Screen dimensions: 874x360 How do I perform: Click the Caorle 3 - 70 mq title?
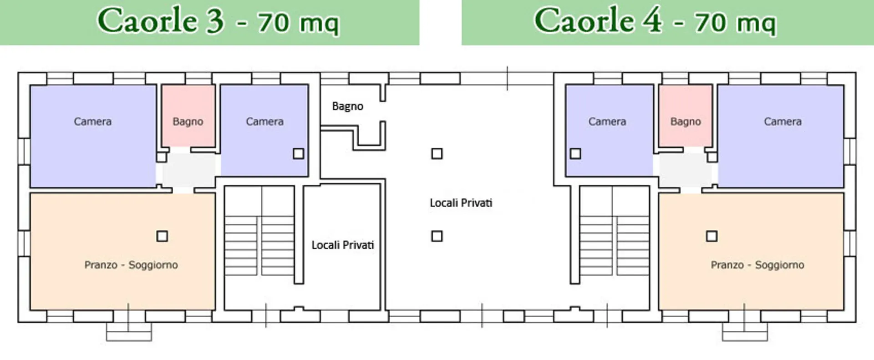tap(218, 21)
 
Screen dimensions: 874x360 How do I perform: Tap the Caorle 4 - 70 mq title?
tap(655, 21)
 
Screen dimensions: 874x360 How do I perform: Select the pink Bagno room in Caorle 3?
tap(188, 116)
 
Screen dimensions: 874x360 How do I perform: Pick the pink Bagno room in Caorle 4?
tap(686, 116)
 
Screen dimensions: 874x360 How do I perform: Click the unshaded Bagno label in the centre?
tap(348, 106)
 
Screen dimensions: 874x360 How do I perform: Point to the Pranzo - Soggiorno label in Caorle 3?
tap(131, 265)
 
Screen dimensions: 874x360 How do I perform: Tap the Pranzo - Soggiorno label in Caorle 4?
tap(757, 265)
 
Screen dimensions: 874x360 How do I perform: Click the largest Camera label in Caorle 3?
tap(93, 122)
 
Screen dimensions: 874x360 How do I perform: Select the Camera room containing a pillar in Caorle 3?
tap(264, 131)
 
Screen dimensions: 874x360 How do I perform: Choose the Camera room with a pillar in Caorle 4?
tap(609, 131)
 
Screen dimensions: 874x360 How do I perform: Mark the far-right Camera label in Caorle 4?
tap(783, 122)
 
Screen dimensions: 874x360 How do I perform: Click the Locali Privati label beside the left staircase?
tap(343, 245)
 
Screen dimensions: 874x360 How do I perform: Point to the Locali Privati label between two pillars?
tap(461, 203)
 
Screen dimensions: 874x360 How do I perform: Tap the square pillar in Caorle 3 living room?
tap(162, 236)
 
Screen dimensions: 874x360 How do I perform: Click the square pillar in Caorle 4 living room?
tap(712, 236)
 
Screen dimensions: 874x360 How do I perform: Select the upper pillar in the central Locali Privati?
tap(437, 154)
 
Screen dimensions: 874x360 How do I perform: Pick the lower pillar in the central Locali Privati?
tap(437, 236)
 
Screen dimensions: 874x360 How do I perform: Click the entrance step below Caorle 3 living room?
tap(129, 331)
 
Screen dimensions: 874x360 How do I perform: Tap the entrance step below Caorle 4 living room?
tap(745, 331)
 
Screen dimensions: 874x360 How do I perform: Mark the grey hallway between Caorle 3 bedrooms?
tap(188, 169)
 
